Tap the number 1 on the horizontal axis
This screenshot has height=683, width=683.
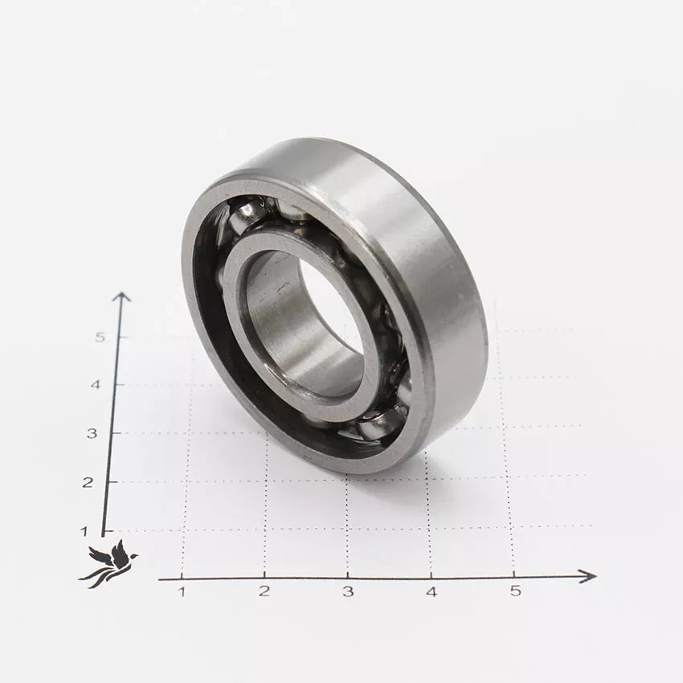182,591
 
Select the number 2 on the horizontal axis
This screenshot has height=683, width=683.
264,591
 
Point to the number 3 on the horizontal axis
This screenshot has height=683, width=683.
348,591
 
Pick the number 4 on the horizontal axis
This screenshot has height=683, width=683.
431,592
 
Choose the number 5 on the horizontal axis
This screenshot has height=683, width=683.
515,591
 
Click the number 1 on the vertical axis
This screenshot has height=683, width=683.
84,531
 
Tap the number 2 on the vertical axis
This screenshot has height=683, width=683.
88,483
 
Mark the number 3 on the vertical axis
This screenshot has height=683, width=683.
92,433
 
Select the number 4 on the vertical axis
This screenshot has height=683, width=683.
95,385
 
